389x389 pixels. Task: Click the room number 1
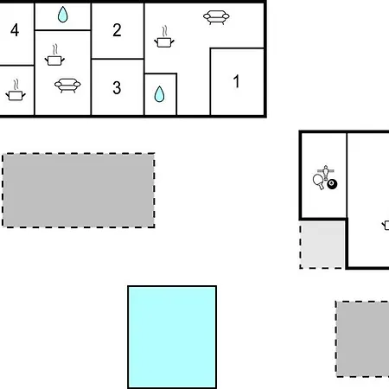(x=237, y=81)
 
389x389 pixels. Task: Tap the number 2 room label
(x=117, y=30)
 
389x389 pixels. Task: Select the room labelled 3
(x=117, y=87)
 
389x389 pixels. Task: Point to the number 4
(x=15, y=30)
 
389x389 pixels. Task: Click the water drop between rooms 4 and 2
(x=62, y=15)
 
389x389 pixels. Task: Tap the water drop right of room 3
(x=159, y=94)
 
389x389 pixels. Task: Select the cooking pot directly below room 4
(x=16, y=90)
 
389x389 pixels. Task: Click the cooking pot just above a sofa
(x=54, y=54)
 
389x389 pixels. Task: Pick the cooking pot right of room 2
(x=164, y=36)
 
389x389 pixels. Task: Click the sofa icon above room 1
(x=216, y=17)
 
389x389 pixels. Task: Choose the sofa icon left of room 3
(x=67, y=86)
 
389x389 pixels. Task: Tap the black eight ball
(x=332, y=184)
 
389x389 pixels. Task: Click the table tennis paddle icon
(x=318, y=182)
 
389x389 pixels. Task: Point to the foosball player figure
(x=326, y=172)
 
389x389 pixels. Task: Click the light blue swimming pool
(x=172, y=337)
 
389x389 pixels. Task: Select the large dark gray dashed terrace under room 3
(x=79, y=190)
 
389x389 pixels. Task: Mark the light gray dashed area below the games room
(x=322, y=245)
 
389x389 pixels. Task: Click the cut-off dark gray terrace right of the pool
(x=362, y=339)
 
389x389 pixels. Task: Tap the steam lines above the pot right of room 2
(x=165, y=31)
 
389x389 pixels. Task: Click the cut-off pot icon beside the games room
(x=386, y=225)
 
